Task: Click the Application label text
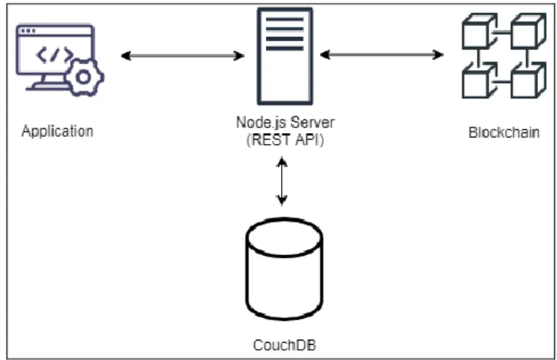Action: pyautogui.click(x=58, y=132)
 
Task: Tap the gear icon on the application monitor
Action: pyautogui.click(x=84, y=77)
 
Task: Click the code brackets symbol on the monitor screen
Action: pyautogui.click(x=54, y=55)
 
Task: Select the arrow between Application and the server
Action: pyautogui.click(x=183, y=56)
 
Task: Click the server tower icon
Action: pyautogui.click(x=285, y=56)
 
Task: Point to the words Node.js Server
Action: pyautogui.click(x=285, y=123)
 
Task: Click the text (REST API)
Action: pyautogui.click(x=285, y=140)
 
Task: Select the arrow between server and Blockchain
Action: pyautogui.click(x=382, y=55)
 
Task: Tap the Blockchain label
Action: pyautogui.click(x=504, y=132)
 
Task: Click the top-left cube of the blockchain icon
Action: pyautogui.click(x=479, y=31)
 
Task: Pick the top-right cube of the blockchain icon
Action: pyautogui.click(x=528, y=31)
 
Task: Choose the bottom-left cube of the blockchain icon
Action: pyautogui.click(x=479, y=80)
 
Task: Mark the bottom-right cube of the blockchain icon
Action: pyautogui.click(x=528, y=80)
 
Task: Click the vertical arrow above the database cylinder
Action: pyautogui.click(x=282, y=181)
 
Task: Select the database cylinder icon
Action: pyautogui.click(x=284, y=269)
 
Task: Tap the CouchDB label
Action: pyautogui.click(x=285, y=345)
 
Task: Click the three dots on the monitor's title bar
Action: pyautogui.click(x=28, y=31)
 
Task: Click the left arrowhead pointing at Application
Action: pyautogui.click(x=126, y=56)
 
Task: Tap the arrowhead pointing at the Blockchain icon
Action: pyautogui.click(x=439, y=55)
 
